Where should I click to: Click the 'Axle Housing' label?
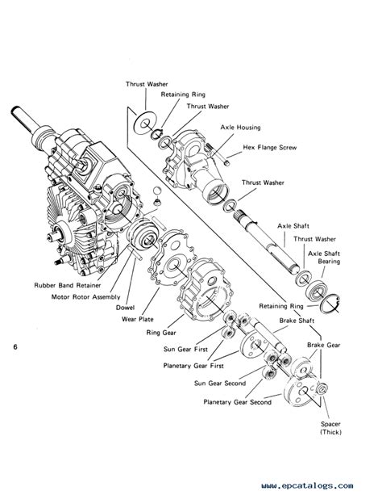(239, 128)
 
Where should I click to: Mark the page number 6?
(15, 347)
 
